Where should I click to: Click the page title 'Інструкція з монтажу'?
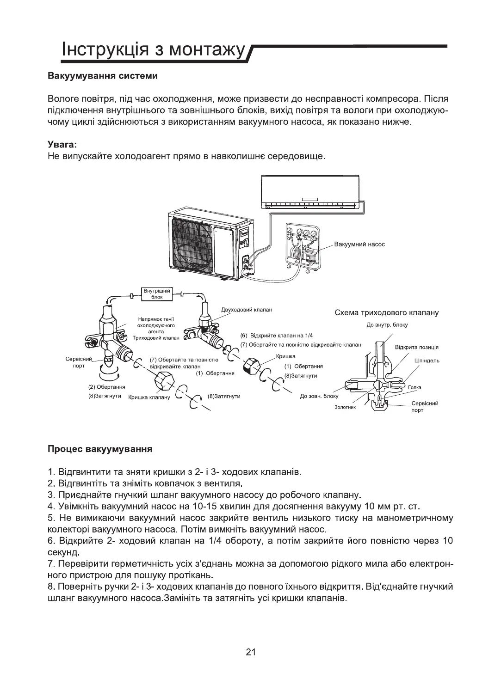pyautogui.click(x=153, y=50)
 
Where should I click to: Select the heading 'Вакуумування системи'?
pyautogui.click(x=103, y=76)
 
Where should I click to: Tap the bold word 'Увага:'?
pyautogui.click(x=62, y=145)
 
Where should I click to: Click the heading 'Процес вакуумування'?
pyautogui.click(x=100, y=449)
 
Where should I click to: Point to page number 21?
pyautogui.click(x=250, y=652)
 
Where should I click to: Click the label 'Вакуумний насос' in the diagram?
pyautogui.click(x=359, y=244)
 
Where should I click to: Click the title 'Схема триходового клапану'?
pyautogui.click(x=386, y=313)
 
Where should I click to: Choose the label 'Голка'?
pyautogui.click(x=414, y=387)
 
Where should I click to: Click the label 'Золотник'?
pyautogui.click(x=345, y=407)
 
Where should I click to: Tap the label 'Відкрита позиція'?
pyautogui.click(x=416, y=347)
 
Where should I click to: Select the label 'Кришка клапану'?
pyautogui.click(x=149, y=397)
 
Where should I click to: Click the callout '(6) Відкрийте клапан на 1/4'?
pyautogui.click(x=277, y=335)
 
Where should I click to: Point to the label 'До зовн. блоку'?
pyautogui.click(x=319, y=396)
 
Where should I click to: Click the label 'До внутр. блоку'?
pyautogui.click(x=387, y=325)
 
